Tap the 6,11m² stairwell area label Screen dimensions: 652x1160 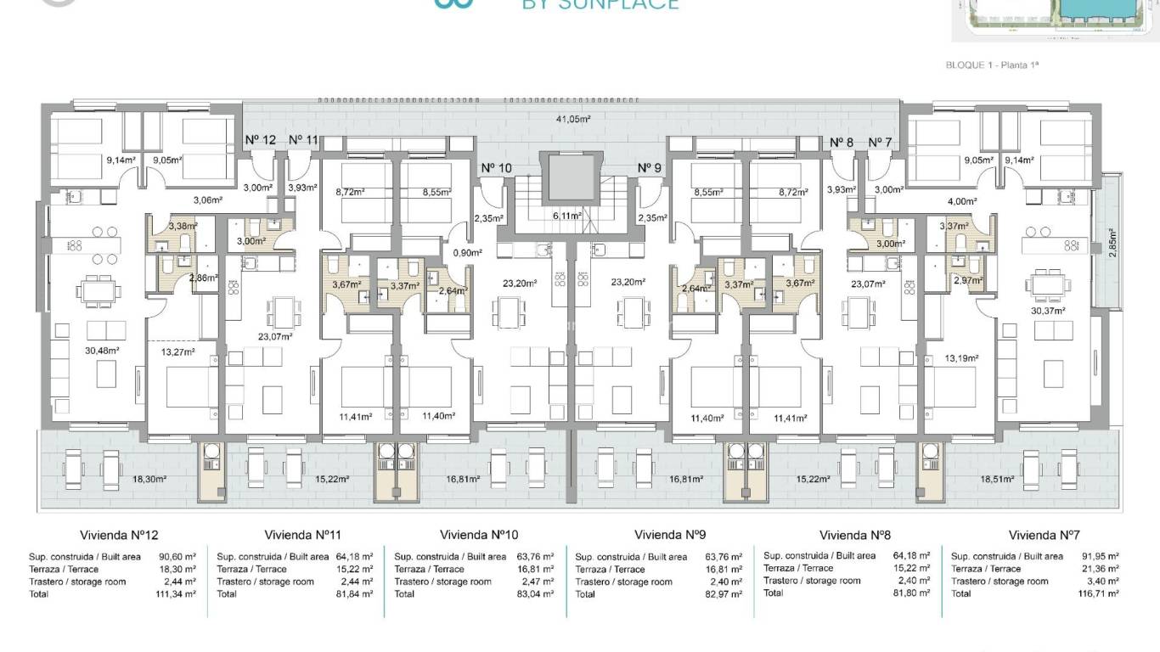pyautogui.click(x=566, y=216)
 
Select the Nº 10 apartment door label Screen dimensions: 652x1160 pyautogui.click(x=496, y=168)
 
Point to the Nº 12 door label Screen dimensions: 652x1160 pyautogui.click(x=261, y=140)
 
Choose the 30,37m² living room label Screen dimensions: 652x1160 pyautogui.click(x=1047, y=311)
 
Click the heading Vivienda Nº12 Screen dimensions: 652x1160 pyautogui.click(x=119, y=535)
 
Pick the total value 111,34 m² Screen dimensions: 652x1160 pyautogui.click(x=177, y=594)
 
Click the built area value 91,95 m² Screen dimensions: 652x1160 pyautogui.click(x=1101, y=557)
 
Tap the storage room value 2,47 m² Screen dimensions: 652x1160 pyautogui.click(x=538, y=582)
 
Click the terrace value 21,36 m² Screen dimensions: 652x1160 pyautogui.click(x=1101, y=570)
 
